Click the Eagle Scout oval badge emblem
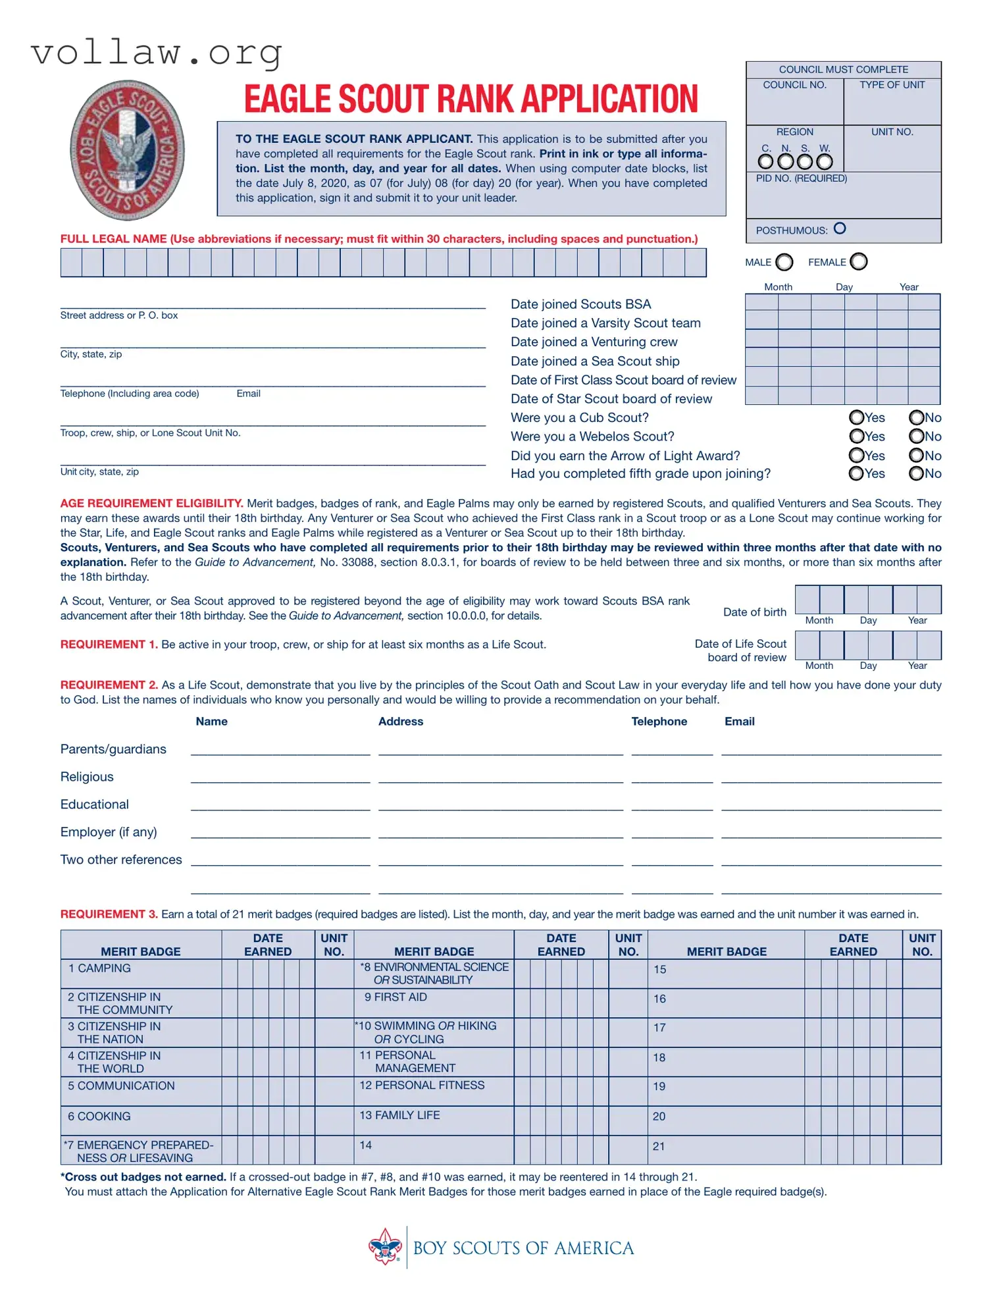[127, 150]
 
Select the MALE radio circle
[784, 262]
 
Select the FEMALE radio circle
[858, 261]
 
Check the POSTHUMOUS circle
[839, 228]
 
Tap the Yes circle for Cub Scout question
[856, 417]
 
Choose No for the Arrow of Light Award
[915, 455]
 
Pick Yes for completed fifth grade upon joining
[856, 473]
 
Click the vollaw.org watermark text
[157, 53]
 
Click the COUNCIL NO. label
[794, 85]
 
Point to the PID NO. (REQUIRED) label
[801, 178]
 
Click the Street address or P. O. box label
[118, 315]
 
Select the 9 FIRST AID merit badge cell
[396, 997]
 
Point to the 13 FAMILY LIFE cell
[399, 1115]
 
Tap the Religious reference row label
[87, 777]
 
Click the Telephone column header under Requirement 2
[659, 722]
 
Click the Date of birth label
[754, 612]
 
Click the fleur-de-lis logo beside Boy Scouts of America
[385, 1247]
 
